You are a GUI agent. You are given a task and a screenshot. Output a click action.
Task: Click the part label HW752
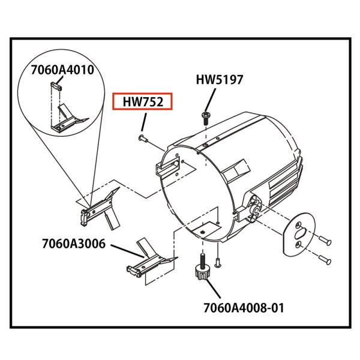pos(143,102)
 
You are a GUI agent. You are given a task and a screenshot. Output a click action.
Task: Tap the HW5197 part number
pos(219,80)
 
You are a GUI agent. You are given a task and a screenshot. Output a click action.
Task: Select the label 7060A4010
pos(62,70)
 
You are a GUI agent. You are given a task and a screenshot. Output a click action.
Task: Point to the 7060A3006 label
pos(74,244)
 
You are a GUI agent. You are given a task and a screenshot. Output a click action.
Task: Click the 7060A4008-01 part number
pos(244,308)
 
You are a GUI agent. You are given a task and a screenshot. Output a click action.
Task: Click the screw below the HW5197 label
pos(205,118)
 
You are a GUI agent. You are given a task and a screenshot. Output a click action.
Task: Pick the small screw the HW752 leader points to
pos(143,138)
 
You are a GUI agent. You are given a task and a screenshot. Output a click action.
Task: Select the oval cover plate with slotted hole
pos(299,234)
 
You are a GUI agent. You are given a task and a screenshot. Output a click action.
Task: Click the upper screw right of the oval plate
pos(325,240)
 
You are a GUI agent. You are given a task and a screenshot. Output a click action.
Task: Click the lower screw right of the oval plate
pos(325,259)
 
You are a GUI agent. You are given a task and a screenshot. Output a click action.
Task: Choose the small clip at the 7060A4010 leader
pos(56,86)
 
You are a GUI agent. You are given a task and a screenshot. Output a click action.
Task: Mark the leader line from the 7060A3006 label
pos(128,251)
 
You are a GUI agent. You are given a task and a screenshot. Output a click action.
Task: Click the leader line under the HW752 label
pos(144,122)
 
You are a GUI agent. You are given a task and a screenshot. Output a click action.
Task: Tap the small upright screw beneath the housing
pos(218,262)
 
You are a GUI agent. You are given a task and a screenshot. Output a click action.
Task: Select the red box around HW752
pos(142,101)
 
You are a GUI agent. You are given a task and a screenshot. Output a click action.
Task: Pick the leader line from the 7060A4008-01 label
pos(214,289)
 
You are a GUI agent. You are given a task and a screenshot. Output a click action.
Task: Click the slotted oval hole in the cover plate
pos(302,233)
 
